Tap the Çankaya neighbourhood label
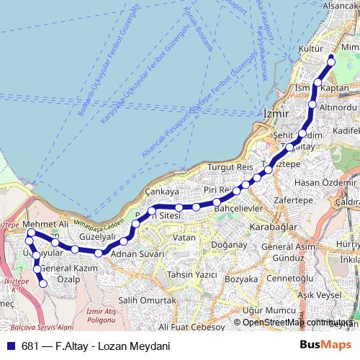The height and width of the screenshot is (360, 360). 161,192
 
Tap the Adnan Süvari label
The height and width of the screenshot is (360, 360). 139,255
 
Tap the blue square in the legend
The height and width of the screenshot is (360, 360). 12,344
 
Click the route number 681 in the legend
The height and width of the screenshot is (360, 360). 31,344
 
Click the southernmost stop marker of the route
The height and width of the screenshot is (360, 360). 42,284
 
